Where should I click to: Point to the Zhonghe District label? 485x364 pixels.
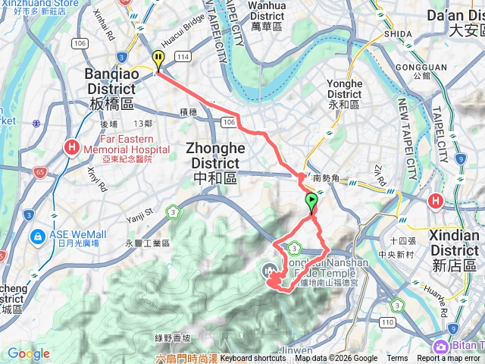pyautogui.click(x=215, y=155)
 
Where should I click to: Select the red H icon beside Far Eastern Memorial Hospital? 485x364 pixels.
pyautogui.click(x=73, y=146)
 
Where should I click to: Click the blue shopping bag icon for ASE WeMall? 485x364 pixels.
pyautogui.click(x=37, y=237)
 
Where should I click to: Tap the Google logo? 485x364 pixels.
pyautogui.click(x=28, y=354)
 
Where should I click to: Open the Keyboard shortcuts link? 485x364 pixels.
pyautogui.click(x=253, y=359)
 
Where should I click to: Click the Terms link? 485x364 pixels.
pyautogui.click(x=397, y=359)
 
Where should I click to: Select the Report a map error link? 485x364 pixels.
pyautogui.click(x=450, y=359)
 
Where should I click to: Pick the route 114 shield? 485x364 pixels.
pyautogui.click(x=182, y=57)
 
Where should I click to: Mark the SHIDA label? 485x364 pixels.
pyautogui.click(x=398, y=34)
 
